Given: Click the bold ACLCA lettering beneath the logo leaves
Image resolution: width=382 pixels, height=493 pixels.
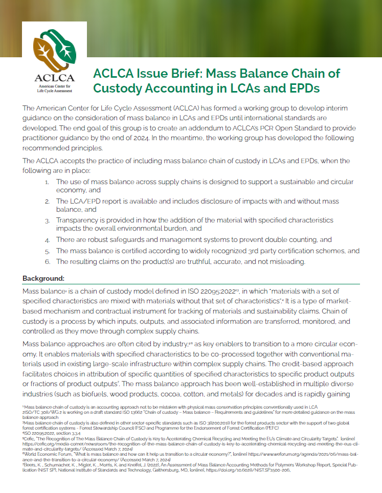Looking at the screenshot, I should [54, 78].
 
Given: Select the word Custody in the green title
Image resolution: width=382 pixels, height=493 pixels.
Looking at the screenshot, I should [118, 88].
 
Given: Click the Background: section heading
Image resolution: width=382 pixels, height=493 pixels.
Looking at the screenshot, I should [43, 278].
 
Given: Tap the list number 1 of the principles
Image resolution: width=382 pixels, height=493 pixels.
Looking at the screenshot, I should [47, 182].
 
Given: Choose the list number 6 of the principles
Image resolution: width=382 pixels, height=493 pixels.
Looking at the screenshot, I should [47, 262].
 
